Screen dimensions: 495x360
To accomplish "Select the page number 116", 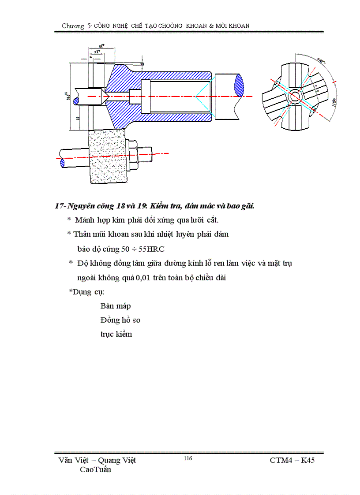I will (187, 458).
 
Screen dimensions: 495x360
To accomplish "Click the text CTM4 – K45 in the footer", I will (292, 460).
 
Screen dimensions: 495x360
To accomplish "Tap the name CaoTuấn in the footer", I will (96, 469).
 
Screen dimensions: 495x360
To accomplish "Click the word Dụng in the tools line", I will (82, 292).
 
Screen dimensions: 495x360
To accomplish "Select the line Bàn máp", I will (116, 306).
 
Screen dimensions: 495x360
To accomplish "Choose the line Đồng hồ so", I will (120, 320).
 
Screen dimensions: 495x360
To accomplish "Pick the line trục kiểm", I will (116, 334).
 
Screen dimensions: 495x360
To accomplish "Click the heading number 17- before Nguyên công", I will (60, 206).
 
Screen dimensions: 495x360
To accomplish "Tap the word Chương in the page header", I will (73, 26).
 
